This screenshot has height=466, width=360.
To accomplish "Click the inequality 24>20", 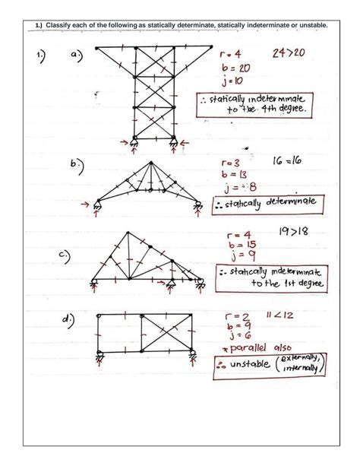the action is pyautogui.click(x=289, y=55).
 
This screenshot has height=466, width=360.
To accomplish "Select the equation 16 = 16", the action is pyautogui.click(x=289, y=163).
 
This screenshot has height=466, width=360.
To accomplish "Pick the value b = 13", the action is pyautogui.click(x=238, y=176).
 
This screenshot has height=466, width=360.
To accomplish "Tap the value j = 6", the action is pyautogui.click(x=234, y=334).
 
